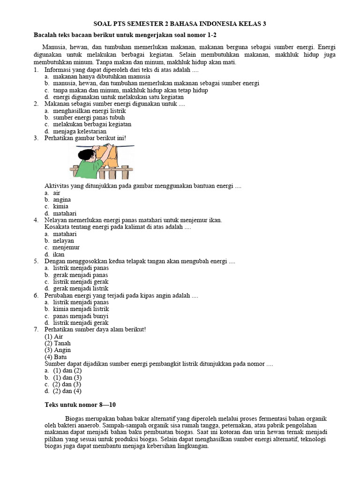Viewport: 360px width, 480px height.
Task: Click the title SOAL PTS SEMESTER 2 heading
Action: [x=180, y=23]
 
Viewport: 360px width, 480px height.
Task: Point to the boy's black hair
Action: [x=84, y=153]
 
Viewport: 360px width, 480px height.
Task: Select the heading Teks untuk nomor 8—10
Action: [x=80, y=404]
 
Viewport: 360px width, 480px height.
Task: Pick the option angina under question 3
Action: [x=62, y=199]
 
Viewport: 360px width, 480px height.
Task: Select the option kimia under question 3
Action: [x=60, y=206]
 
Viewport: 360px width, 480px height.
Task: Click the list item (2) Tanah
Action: [x=58, y=343]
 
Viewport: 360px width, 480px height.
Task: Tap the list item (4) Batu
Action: [x=56, y=357]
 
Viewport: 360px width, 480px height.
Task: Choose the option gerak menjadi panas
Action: [x=81, y=275]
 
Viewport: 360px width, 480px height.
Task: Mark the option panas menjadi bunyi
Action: [x=81, y=316]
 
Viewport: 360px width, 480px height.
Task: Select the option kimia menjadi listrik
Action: [x=81, y=309]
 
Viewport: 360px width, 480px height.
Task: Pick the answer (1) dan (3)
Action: [x=67, y=377]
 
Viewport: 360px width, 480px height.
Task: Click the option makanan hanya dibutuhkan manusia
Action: [x=102, y=76]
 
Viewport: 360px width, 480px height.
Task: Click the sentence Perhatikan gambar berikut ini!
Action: [x=85, y=138]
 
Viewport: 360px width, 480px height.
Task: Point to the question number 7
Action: [x=36, y=330]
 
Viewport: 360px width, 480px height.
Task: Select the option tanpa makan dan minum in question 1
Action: [x=130, y=90]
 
